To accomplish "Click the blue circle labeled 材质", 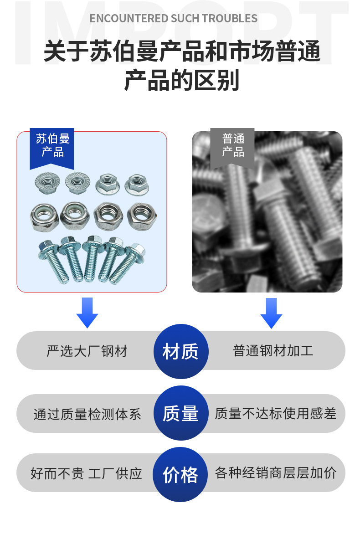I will point(180,351).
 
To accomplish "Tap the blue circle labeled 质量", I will point(180,413).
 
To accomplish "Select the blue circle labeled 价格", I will point(180,474).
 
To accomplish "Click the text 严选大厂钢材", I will point(87,351).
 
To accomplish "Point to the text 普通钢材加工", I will point(273,351).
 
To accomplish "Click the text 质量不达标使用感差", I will point(275,413).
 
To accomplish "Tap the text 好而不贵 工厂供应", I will point(86,473).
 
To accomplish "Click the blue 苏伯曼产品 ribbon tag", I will point(52,146).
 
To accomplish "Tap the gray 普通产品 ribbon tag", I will point(233,146).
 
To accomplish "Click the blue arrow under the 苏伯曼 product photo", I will point(87,312).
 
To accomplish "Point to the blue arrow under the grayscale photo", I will point(271,313).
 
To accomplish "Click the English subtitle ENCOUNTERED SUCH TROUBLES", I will point(173,19).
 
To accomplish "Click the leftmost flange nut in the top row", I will point(47,183).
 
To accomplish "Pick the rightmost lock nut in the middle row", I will point(141,215).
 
